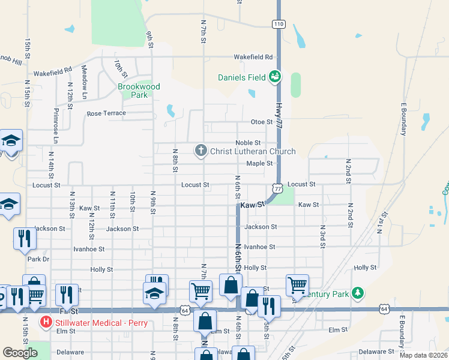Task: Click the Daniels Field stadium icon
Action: tap(275, 76)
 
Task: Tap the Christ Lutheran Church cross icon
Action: tap(201, 151)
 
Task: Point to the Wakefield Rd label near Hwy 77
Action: tap(253, 57)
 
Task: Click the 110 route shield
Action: tap(278, 24)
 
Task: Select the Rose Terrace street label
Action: tap(106, 113)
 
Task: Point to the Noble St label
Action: tap(248, 143)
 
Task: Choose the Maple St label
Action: tap(259, 163)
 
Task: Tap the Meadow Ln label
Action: tap(85, 82)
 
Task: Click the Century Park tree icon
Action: tap(358, 293)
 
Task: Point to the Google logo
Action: tap(20, 353)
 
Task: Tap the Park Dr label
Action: tap(38, 259)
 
